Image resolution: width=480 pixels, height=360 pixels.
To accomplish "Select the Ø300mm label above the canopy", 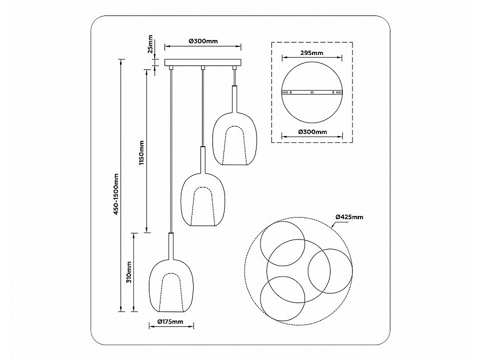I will pos(203,41).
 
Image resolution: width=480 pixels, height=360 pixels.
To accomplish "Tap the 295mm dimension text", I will pos(311,53).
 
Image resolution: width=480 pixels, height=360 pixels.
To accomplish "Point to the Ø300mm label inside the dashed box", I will pos(311,132).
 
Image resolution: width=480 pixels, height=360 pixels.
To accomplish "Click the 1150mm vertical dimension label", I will pos(141,153).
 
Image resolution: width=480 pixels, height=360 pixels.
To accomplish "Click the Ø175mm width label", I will pos(170,322).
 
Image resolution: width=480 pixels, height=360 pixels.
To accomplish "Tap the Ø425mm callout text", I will pos(349,217).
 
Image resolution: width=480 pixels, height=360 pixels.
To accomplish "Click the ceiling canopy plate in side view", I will pos(203,63).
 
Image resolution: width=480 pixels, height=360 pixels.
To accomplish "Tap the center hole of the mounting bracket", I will pos(312,92).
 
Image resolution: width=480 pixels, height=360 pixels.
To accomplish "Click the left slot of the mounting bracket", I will pos(287,92).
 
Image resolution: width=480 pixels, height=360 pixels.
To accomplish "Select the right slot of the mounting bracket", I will pos(337,92).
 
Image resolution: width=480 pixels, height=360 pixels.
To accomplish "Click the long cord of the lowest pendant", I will pos(171,149).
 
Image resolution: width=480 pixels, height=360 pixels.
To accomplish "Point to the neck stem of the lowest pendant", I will pos(171,245).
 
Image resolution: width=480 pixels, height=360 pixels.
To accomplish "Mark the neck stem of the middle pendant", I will pos(203,158).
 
